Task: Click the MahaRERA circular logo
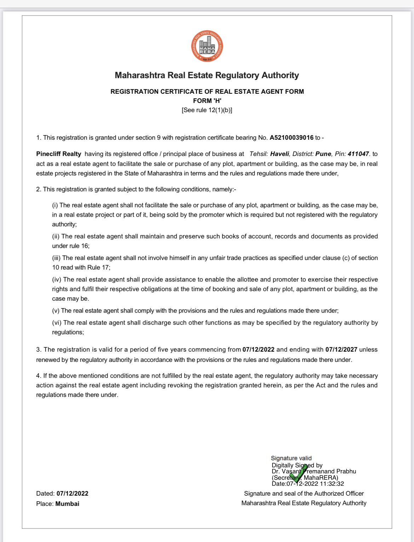point(207,46)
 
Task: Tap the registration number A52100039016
point(292,138)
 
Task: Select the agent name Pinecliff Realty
point(59,154)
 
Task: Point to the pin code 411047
point(358,154)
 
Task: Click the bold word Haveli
point(280,154)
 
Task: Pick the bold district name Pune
point(323,154)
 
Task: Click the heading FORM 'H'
point(207,101)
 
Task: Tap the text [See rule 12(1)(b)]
point(207,110)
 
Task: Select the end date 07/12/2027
point(341,350)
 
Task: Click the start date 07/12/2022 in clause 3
point(258,350)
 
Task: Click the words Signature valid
point(291,458)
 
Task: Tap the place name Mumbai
point(67,504)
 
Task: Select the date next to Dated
point(72,494)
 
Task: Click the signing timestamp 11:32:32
point(332,484)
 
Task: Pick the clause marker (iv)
point(57,279)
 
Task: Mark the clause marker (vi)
point(57,323)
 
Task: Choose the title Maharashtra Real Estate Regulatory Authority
point(207,75)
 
